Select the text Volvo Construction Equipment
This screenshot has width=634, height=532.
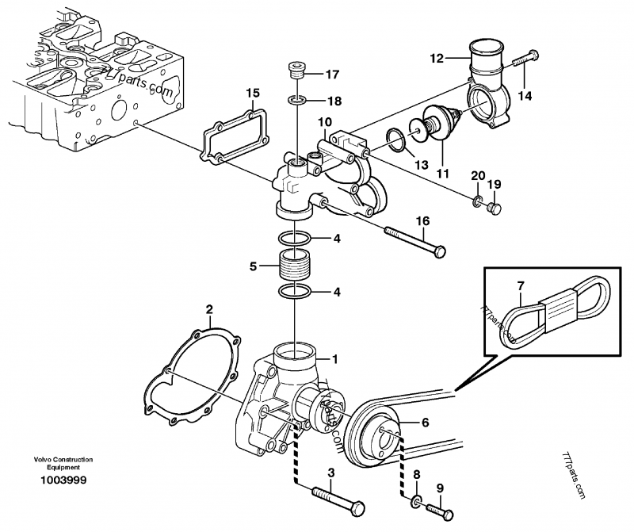[x=63, y=464]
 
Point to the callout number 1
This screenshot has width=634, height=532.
[x=335, y=358]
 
